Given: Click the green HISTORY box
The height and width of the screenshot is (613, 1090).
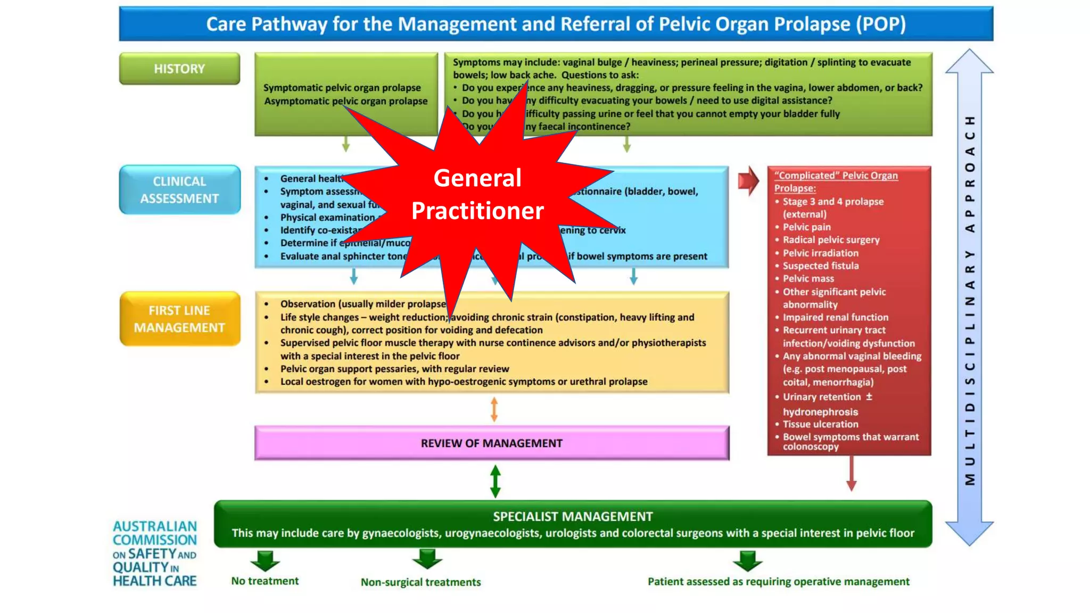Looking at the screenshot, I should (x=179, y=69).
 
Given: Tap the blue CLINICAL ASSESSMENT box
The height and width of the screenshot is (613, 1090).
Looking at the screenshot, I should (x=179, y=190).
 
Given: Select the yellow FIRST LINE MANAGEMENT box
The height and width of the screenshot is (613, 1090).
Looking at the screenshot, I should (x=179, y=319).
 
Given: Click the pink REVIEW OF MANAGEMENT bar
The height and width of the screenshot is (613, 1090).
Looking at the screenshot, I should (x=491, y=443).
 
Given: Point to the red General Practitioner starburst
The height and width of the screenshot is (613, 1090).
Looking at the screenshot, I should (x=477, y=194).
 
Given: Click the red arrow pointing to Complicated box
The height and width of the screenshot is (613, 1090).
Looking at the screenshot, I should (x=748, y=181).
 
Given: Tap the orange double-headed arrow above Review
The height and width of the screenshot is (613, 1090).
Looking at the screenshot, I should (x=494, y=410).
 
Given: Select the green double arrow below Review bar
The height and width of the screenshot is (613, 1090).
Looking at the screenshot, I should (x=495, y=481).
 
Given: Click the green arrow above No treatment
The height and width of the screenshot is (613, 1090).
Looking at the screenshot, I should (x=265, y=560).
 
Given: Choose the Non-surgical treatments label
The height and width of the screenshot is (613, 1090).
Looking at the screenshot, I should (x=420, y=582).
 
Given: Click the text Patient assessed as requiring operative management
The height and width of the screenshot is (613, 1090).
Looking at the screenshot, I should (x=778, y=582).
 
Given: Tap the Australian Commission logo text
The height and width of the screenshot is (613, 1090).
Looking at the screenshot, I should (x=154, y=553).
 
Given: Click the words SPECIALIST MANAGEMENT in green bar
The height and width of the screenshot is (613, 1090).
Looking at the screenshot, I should (x=573, y=517).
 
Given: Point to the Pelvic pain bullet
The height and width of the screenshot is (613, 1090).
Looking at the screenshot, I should (x=806, y=227).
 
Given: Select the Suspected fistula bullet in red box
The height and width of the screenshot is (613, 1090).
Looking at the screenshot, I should (x=820, y=266).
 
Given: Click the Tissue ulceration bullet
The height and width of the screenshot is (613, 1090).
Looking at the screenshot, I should (x=820, y=424).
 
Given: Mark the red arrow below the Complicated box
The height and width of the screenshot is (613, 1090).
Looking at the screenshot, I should (x=851, y=473).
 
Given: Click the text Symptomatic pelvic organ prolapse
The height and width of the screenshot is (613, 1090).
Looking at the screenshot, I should (x=342, y=88).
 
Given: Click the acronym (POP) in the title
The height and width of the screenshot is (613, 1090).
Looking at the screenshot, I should (x=880, y=24).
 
